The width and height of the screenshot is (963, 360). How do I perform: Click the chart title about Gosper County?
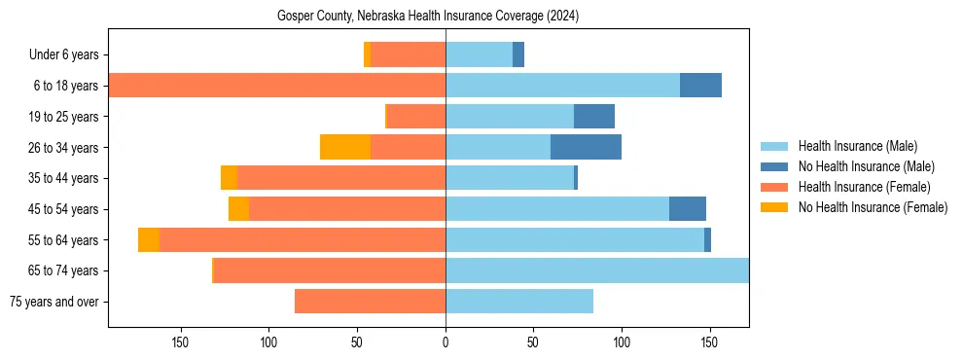pyautogui.click(x=428, y=17)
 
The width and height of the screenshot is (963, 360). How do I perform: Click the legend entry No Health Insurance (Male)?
pyautogui.click(x=866, y=166)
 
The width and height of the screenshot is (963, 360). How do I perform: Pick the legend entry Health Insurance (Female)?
pyautogui.click(x=864, y=187)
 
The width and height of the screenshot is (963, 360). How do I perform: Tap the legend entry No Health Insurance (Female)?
pyautogui.click(x=873, y=207)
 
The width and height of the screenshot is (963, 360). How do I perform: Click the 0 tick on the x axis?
pyautogui.click(x=446, y=342)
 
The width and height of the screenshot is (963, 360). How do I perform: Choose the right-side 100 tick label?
pyautogui.click(x=622, y=342)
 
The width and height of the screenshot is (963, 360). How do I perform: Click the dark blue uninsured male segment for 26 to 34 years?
pyautogui.click(x=586, y=147)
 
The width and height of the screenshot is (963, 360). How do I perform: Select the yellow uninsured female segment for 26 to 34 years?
pyautogui.click(x=345, y=147)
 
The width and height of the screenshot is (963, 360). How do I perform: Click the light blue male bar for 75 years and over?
pyautogui.click(x=519, y=302)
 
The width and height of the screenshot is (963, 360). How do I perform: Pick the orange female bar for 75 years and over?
pyautogui.click(x=370, y=302)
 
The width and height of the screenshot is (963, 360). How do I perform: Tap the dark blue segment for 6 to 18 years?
pyautogui.click(x=700, y=86)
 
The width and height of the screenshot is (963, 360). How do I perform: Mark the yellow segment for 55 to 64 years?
pyautogui.click(x=149, y=240)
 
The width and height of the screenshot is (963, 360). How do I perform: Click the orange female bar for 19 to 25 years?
pyautogui.click(x=416, y=117)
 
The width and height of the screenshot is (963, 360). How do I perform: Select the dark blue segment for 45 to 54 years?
pyautogui.click(x=688, y=209)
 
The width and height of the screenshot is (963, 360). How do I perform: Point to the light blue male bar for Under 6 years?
pyautogui.click(x=479, y=55)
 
